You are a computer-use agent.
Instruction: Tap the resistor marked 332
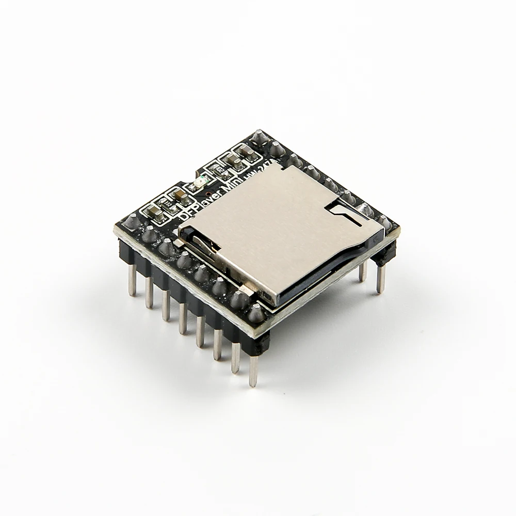[x=167, y=204]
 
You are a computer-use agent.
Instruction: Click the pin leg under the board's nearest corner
[x=253, y=369]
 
